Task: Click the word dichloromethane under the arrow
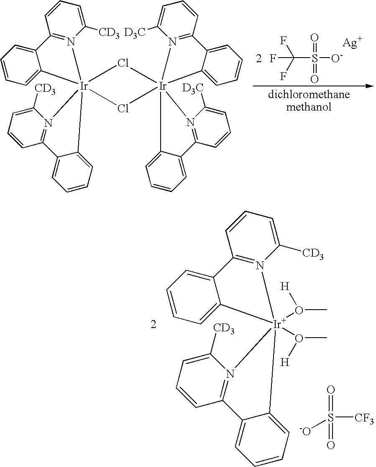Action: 309,95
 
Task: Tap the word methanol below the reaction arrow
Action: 309,107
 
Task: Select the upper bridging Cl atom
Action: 123,63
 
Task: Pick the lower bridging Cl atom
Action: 123,109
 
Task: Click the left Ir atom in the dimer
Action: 84,86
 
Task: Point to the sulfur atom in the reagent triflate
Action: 315,58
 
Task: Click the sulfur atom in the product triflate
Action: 330,418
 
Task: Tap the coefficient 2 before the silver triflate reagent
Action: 259,59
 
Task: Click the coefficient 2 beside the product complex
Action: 153,325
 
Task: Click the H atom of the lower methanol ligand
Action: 285,362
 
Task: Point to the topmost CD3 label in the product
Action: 313,254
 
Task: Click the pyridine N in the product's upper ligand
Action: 260,265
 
